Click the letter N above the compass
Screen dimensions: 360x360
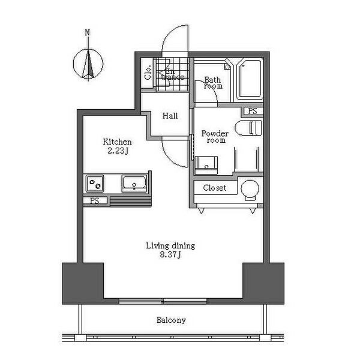(87, 32)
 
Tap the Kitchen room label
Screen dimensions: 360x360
(117, 142)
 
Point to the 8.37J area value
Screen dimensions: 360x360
(170, 254)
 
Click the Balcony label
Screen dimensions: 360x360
(171, 320)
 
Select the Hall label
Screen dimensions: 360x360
(170, 116)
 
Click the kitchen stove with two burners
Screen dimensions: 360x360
(95, 183)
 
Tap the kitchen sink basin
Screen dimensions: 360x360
(134, 184)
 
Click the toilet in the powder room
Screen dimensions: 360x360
(248, 127)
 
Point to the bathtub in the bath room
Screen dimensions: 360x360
(250, 79)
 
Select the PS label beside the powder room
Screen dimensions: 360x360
(253, 111)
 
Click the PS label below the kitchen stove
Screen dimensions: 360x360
(95, 201)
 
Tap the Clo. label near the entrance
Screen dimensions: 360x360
(148, 73)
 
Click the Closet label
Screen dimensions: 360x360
(215, 188)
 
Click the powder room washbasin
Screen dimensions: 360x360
(206, 166)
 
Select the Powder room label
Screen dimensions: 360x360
(215, 137)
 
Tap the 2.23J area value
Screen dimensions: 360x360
(118, 151)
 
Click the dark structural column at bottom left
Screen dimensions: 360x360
(83, 283)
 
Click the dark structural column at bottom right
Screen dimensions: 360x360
(263, 283)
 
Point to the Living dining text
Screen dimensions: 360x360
(170, 246)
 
